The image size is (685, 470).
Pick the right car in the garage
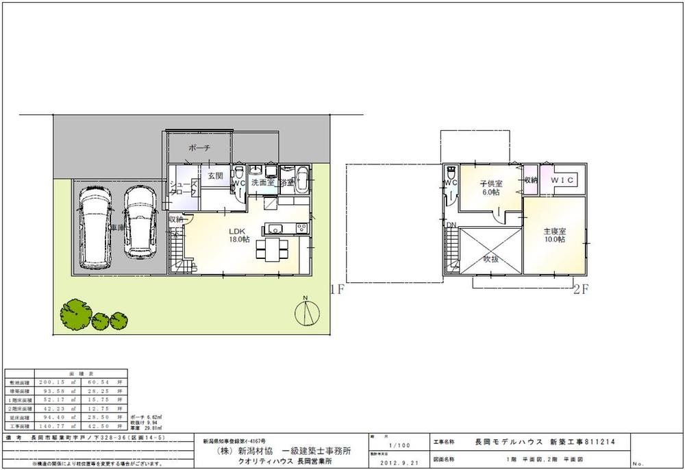140,223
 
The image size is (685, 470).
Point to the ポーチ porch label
199,148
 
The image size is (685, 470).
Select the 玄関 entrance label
215,177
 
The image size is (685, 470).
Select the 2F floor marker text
581,289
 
